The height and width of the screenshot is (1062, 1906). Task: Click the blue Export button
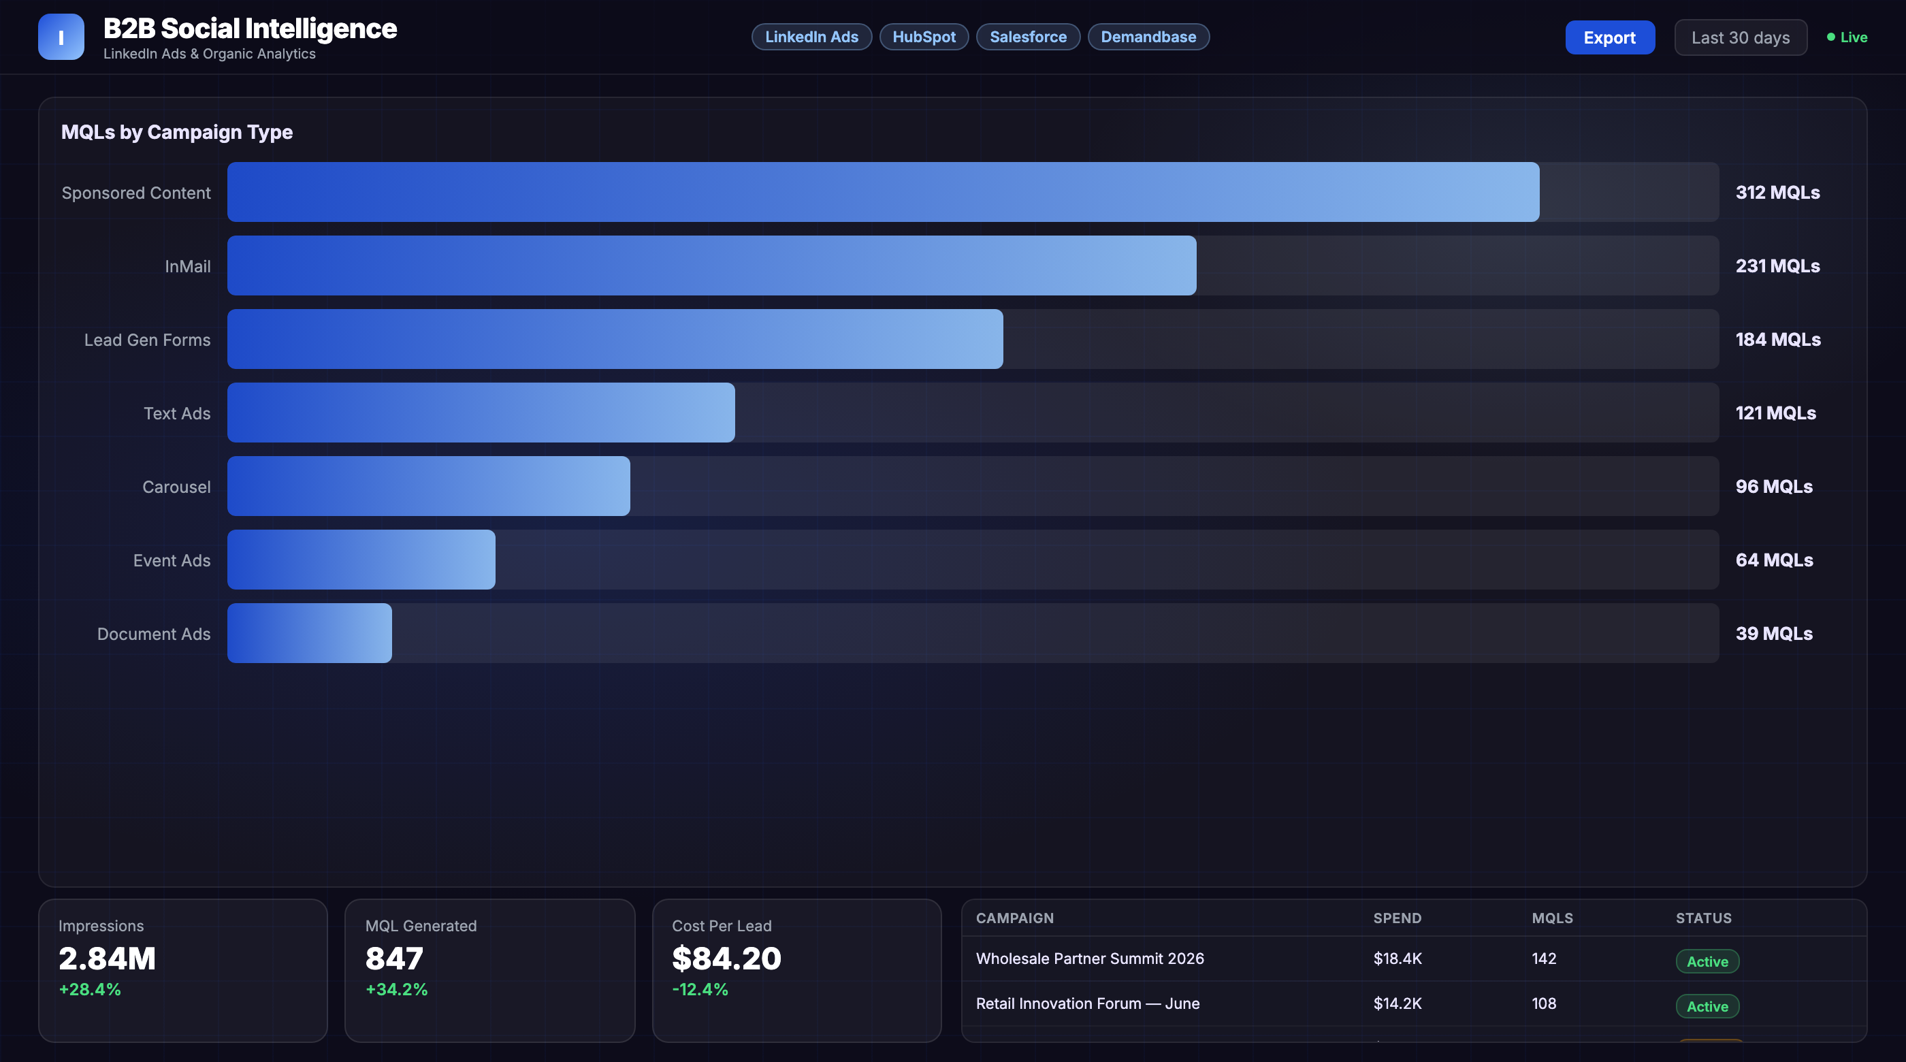1609,37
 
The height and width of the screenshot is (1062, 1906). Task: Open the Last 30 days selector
1741,37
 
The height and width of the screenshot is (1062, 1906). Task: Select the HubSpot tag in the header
924,37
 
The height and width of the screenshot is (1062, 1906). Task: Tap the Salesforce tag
1028,37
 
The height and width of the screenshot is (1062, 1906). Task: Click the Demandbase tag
1148,37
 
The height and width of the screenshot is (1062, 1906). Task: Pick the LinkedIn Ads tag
811,37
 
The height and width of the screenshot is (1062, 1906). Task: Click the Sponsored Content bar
883,192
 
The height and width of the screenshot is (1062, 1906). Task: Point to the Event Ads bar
361,560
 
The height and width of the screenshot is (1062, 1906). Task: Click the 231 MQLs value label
1777,265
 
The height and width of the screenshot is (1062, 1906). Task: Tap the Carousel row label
176,487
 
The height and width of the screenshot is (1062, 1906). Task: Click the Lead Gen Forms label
147,340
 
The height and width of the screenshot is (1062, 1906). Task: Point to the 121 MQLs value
1775,413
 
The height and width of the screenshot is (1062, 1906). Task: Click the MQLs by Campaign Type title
177,132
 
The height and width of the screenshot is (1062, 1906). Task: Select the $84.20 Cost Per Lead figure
726,959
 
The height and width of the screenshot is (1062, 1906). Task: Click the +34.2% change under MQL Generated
397,989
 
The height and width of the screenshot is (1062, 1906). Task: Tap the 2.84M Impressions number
108,959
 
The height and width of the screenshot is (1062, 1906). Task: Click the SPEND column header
1397,918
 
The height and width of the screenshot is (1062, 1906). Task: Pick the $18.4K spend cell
1397,959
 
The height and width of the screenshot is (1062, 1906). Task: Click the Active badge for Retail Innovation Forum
1707,1005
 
